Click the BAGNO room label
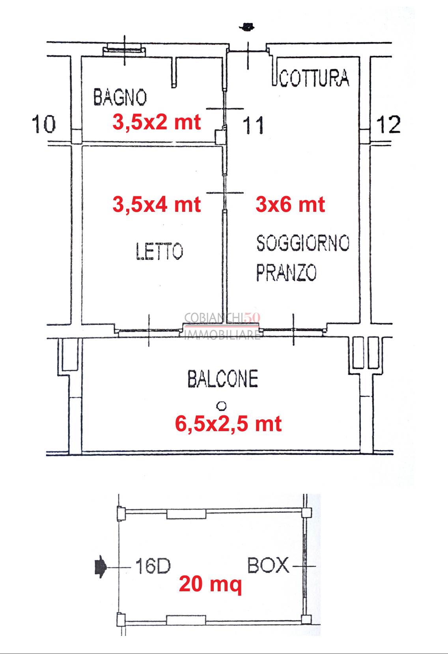coord(120,97)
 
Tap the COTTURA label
coord(314,78)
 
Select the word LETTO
coord(159,251)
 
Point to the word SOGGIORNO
coord(303,243)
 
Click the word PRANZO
coord(286,273)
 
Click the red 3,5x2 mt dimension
coord(157,122)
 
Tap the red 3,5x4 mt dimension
coord(157,204)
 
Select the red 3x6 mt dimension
coord(290,204)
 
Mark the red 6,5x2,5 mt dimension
coord(228,424)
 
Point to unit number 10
coord(44,124)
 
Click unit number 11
coord(253,125)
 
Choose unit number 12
coord(388,124)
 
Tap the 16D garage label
coord(153,566)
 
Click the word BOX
coord(268,565)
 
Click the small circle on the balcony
coord(222,405)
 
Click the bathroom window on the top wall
coord(124,50)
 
